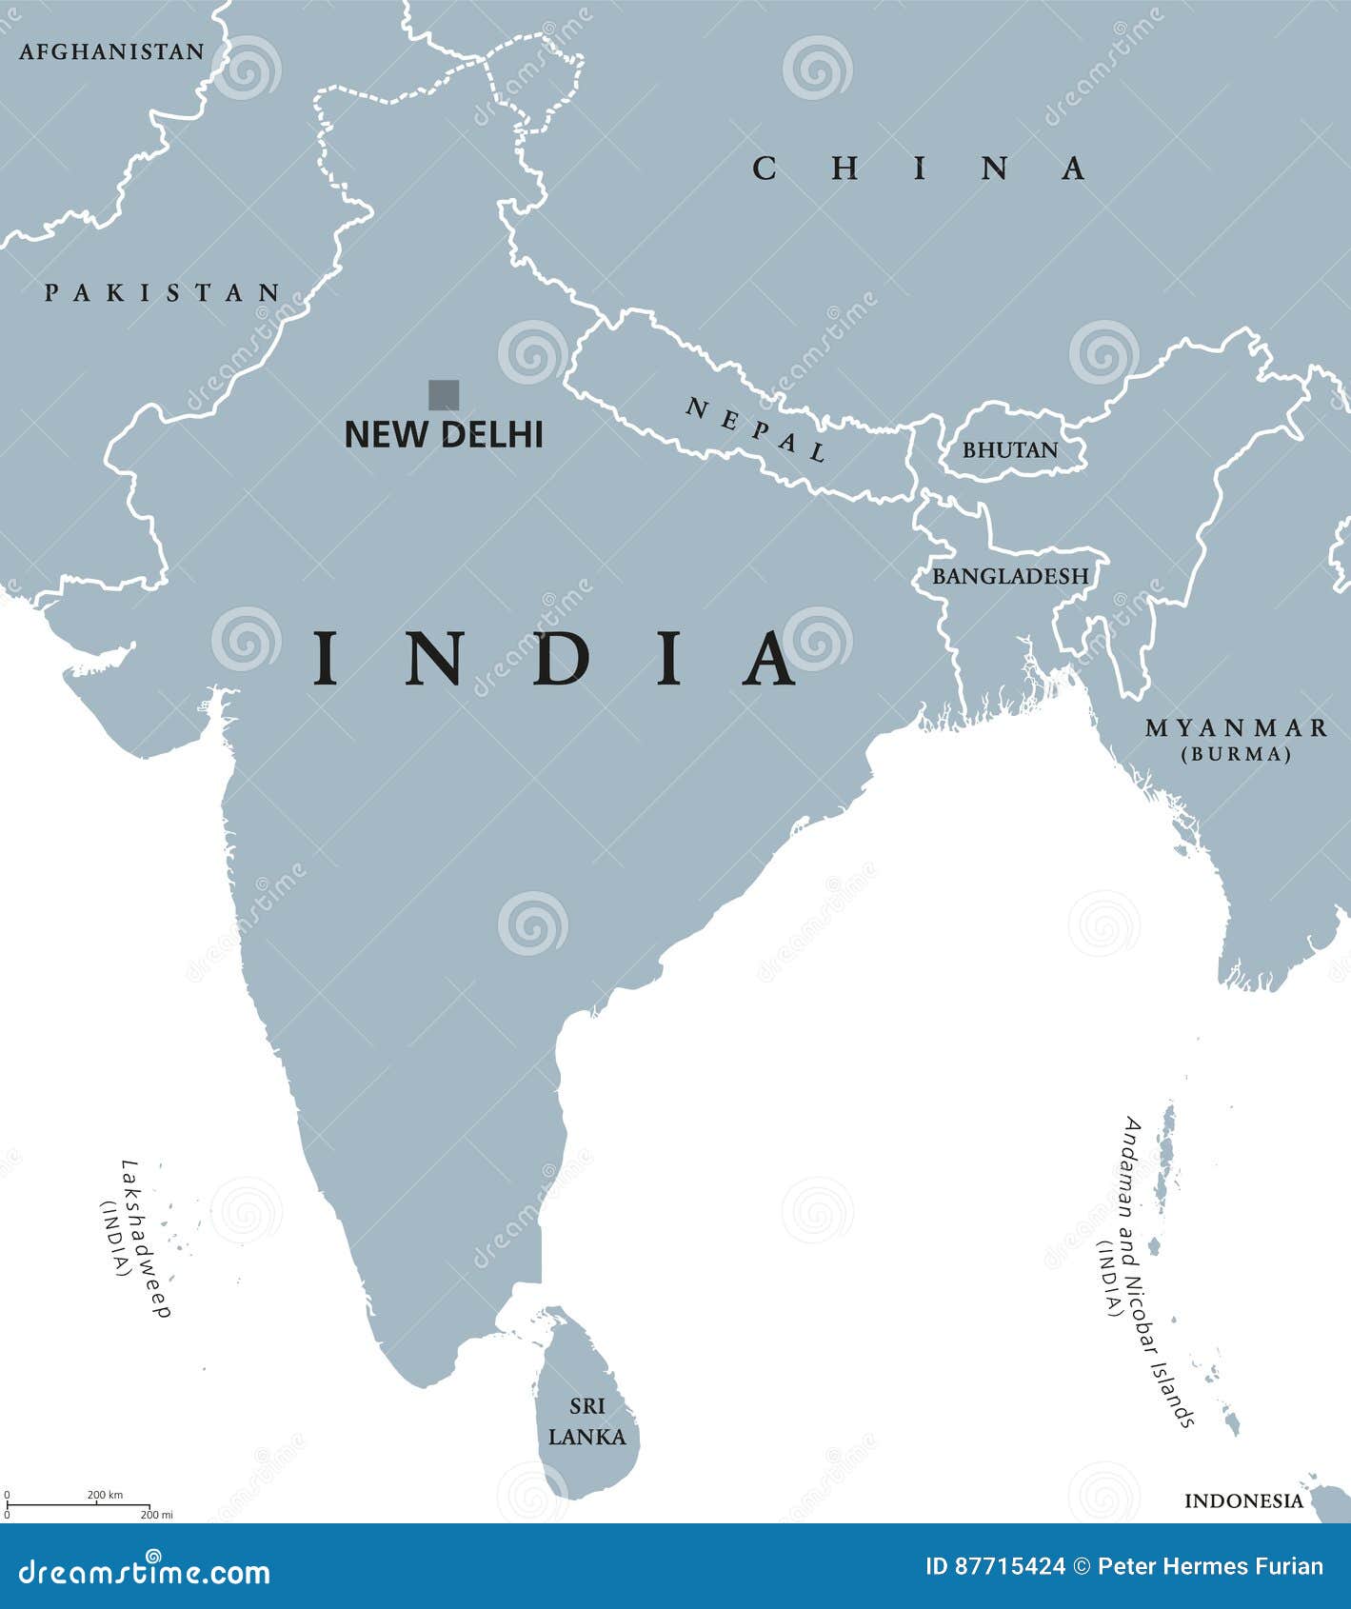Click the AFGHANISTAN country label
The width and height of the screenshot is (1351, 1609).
click(x=111, y=51)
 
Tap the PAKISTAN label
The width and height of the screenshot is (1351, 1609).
click(x=163, y=292)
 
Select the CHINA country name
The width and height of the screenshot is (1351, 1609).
click(x=919, y=169)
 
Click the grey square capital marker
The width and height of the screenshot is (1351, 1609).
click(x=444, y=395)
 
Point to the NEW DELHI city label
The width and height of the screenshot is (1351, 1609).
click(x=444, y=435)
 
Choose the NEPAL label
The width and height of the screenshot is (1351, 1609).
click(x=756, y=429)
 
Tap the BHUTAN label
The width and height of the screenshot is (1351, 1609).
click(x=1009, y=450)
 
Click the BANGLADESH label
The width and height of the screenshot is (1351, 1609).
click(x=1009, y=576)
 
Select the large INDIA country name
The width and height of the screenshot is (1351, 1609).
click(x=557, y=659)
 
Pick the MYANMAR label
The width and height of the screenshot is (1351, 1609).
click(x=1236, y=728)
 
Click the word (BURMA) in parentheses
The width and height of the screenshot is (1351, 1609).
click(x=1236, y=754)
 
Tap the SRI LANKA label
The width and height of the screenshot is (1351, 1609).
click(x=587, y=1421)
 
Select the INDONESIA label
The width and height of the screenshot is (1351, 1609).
click(x=1243, y=1501)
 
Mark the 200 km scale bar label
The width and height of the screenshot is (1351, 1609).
click(x=105, y=1495)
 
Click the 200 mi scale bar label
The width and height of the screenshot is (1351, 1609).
click(x=156, y=1514)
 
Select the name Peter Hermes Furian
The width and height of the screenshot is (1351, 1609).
click(x=1210, y=1567)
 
